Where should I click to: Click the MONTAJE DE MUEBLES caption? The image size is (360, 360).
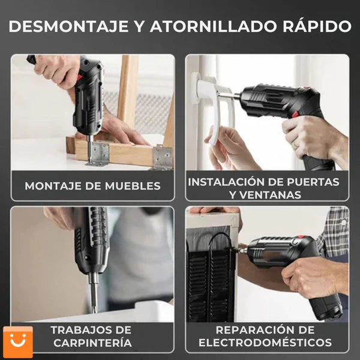point(92,186)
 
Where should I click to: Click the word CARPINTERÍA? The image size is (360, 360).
point(91,343)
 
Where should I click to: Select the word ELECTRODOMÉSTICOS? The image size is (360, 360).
point(266,343)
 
